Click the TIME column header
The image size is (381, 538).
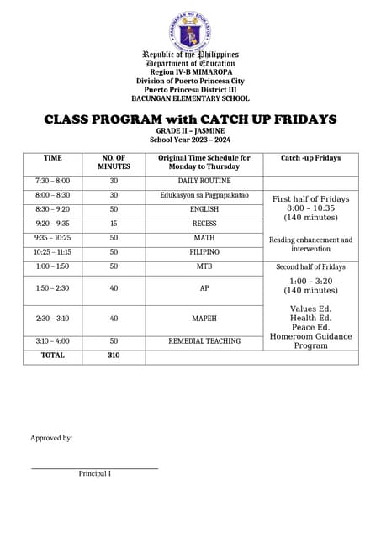pyautogui.click(x=52, y=157)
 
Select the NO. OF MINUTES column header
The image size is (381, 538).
pyautogui.click(x=114, y=162)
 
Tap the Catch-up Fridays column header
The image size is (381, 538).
pyautogui.click(x=310, y=157)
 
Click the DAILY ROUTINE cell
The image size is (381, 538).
pyautogui.click(x=198, y=182)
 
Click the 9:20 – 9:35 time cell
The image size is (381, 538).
pyautogui.click(x=52, y=224)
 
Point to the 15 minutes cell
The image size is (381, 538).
pyautogui.click(x=114, y=224)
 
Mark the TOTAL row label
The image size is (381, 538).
pyautogui.click(x=52, y=356)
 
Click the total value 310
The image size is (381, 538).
pyautogui.click(x=114, y=356)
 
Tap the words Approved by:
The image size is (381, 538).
pyautogui.click(x=51, y=438)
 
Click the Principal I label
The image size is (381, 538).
pyautogui.click(x=95, y=474)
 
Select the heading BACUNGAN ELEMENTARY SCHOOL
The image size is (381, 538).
pyautogui.click(x=189, y=98)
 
